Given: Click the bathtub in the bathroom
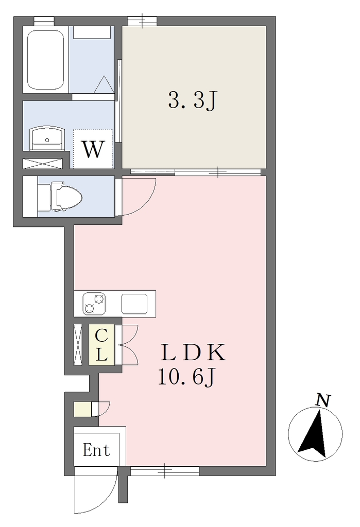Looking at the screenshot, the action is (45, 60).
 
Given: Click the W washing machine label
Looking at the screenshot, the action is (93, 149).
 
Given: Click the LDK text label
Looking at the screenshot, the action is (193, 352).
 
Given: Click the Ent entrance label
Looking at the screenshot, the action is (96, 450).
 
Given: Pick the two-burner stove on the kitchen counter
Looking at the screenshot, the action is (94, 304).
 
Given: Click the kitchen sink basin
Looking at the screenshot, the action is (134, 304).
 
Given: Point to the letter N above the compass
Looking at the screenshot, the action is (322, 400).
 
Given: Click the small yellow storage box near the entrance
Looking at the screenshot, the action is (83, 410).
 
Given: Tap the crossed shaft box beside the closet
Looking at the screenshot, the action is (78, 344).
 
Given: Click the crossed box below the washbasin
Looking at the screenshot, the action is (43, 163).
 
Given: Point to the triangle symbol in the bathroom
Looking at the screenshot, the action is (104, 84).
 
